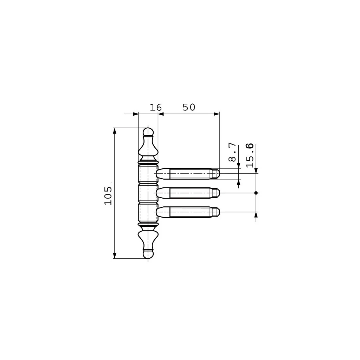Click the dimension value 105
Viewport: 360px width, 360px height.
(108, 196)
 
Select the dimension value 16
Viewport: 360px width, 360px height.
(156, 107)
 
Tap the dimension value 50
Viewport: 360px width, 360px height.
(189, 107)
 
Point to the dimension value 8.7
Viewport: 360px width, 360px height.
(232, 152)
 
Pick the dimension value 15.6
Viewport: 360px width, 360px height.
(250, 155)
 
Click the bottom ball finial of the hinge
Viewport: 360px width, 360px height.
(148, 254)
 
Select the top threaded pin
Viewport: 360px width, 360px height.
(188, 174)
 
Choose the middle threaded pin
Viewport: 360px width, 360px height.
(188, 193)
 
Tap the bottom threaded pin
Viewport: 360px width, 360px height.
(188, 212)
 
